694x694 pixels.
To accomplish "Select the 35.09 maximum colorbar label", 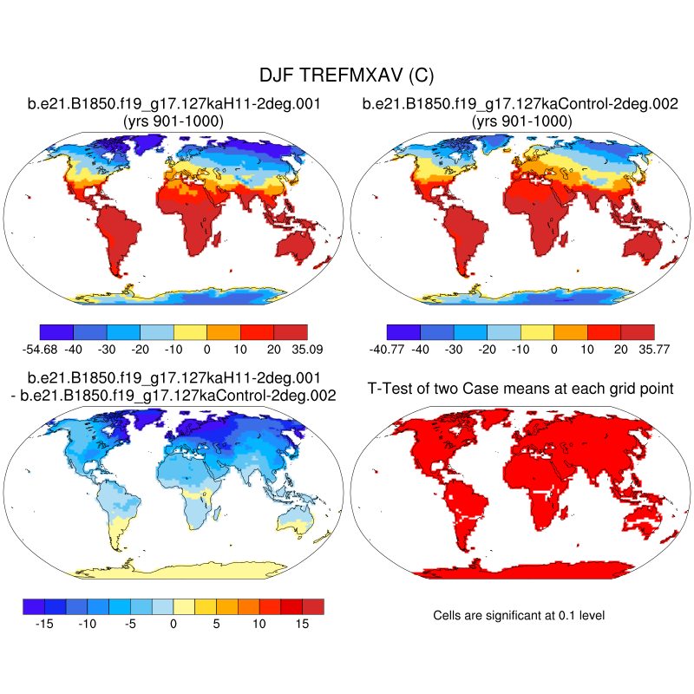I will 307,349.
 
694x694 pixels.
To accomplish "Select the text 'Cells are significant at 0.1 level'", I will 519,615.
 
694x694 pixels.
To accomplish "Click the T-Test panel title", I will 521,388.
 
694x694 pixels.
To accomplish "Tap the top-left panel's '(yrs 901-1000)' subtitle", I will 173,121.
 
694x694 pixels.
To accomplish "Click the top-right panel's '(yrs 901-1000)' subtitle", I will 520,121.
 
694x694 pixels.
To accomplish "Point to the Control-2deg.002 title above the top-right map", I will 520,104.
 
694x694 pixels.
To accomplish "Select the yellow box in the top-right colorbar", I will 537,331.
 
